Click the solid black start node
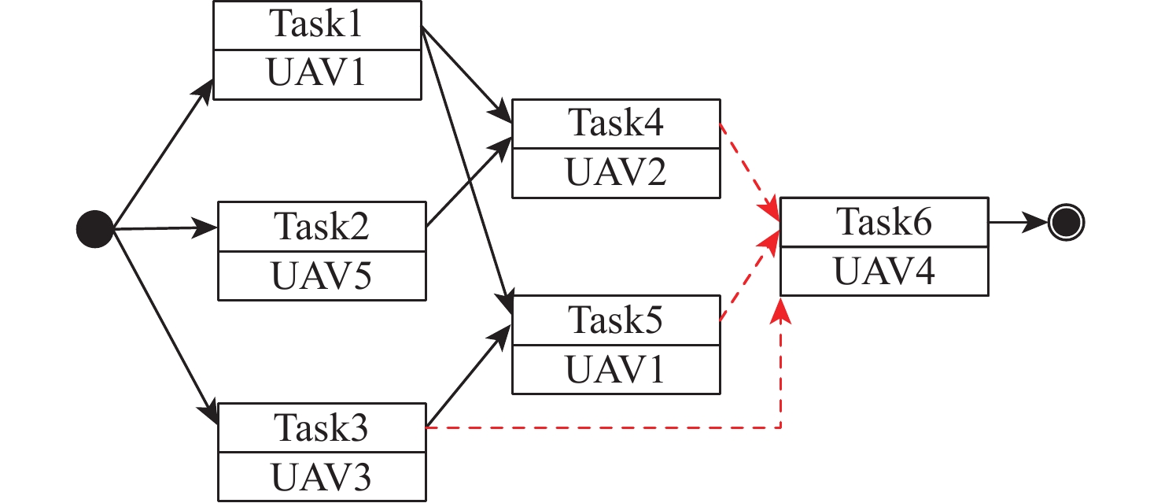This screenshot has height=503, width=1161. click(x=95, y=229)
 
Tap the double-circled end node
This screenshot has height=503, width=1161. click(x=1067, y=224)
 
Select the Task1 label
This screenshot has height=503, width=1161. click(x=317, y=25)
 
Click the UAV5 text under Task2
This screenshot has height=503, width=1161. click(x=321, y=276)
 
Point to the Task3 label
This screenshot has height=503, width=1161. click(x=322, y=427)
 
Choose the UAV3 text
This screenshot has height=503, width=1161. click(x=321, y=476)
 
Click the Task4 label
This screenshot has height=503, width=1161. click(x=616, y=124)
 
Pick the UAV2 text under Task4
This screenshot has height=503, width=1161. click(x=616, y=172)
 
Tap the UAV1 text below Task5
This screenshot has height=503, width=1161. click(x=616, y=368)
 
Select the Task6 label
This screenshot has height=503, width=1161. click(x=884, y=223)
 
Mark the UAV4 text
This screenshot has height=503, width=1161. click(x=884, y=272)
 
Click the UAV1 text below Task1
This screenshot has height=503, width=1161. click(x=317, y=74)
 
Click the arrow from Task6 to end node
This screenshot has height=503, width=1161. click(x=1019, y=224)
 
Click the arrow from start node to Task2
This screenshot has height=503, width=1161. click(x=165, y=229)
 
